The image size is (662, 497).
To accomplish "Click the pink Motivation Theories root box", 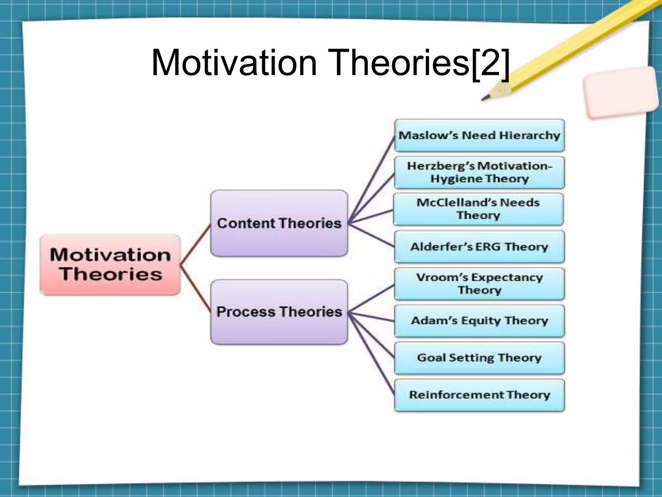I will (x=110, y=265).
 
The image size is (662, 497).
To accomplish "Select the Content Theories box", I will (x=279, y=223).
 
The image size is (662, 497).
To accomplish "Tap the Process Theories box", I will (x=279, y=312).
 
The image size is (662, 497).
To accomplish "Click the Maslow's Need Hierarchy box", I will (x=479, y=135).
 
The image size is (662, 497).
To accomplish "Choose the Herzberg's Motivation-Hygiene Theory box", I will (x=479, y=172).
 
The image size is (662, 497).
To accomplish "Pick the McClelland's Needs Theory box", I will (x=478, y=209).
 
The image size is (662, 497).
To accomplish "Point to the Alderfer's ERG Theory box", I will (x=479, y=247).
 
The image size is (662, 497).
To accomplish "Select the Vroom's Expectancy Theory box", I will (x=479, y=284).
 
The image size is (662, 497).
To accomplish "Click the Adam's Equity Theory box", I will (x=479, y=321).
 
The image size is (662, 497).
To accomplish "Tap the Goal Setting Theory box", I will (x=479, y=358).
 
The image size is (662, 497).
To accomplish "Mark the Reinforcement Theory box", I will (x=479, y=395).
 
